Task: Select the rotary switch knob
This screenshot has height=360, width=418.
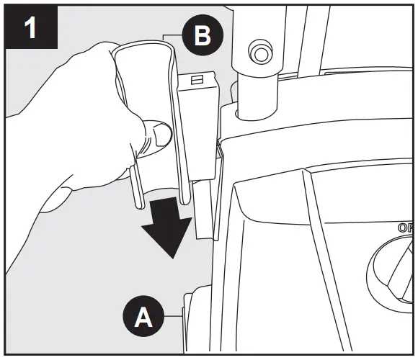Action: [395, 270]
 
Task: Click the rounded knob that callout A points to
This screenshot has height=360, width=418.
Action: [196, 317]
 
